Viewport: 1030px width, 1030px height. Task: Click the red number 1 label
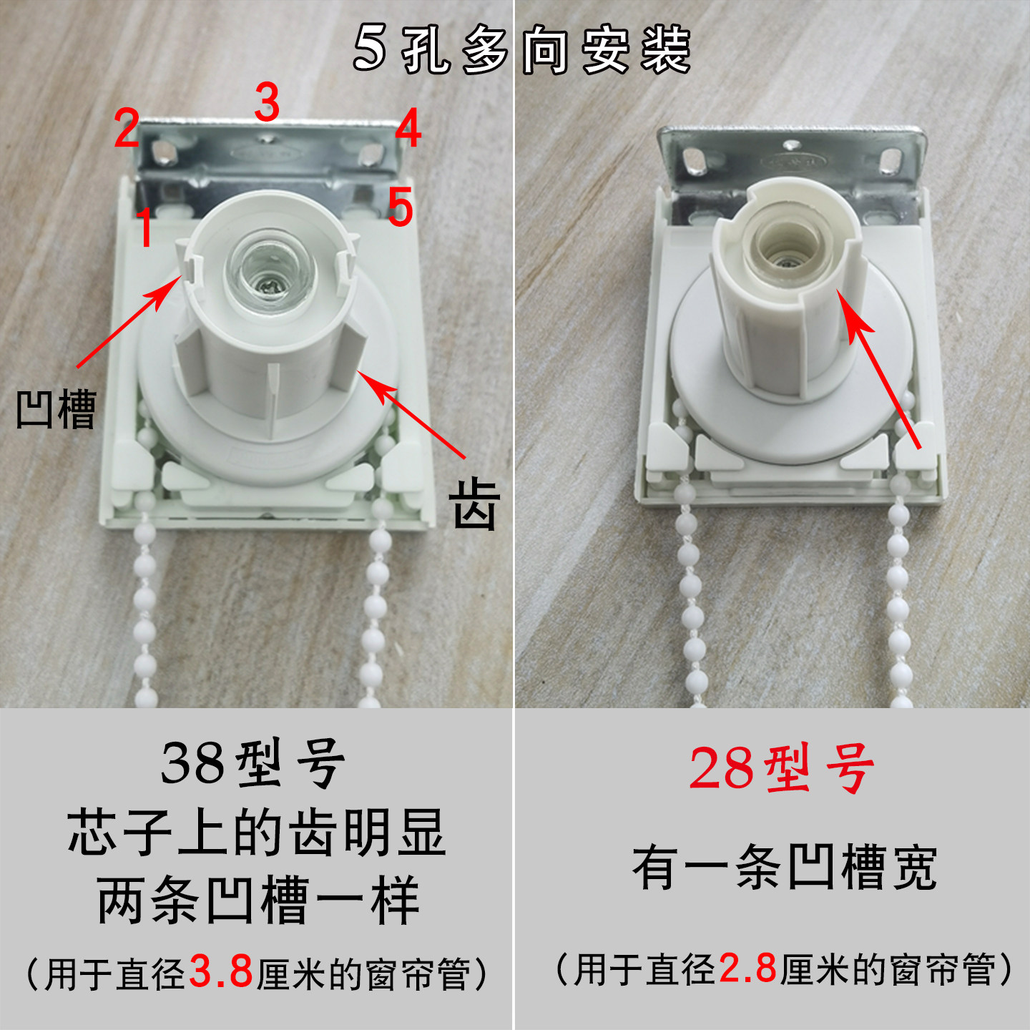145,227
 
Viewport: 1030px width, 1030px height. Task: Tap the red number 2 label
127,129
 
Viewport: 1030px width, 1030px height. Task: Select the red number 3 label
267,102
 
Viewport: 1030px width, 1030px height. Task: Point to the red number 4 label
408,129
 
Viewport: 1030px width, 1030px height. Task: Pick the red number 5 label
401,207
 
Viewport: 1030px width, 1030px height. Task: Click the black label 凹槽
56,409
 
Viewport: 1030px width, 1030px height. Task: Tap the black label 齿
474,504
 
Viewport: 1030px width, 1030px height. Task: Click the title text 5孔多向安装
522,50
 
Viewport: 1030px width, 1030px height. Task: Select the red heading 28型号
782,769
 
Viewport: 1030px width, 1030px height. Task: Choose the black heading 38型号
254,764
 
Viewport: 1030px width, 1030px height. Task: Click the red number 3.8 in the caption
221,971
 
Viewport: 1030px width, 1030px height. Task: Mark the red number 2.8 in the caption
747,969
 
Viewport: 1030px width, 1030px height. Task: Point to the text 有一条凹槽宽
784,867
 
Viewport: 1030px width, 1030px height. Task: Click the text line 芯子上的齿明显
257,833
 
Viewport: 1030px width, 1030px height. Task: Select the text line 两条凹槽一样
257,901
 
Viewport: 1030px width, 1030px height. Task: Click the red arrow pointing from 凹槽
127,322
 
